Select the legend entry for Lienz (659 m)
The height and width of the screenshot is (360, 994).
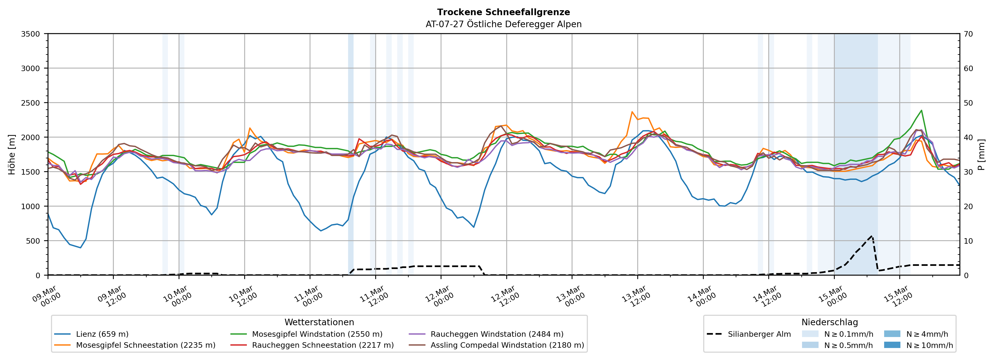tap(102, 334)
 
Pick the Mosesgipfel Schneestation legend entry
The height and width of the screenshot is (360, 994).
tap(145, 345)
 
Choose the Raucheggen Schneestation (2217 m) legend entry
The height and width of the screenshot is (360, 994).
tap(323, 345)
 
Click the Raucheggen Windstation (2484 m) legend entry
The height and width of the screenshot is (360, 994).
tap(497, 334)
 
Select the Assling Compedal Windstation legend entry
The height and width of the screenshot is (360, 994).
tap(507, 345)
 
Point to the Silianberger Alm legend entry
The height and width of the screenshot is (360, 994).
tap(759, 334)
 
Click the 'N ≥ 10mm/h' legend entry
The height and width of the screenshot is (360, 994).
tap(929, 345)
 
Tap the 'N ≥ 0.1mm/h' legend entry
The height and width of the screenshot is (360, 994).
tap(848, 334)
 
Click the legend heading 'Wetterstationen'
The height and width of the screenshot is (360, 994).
tap(319, 322)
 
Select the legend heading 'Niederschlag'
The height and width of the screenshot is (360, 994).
tap(830, 322)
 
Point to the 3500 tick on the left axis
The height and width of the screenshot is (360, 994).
tap(31, 34)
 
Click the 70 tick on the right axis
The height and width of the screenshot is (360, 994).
tap(968, 34)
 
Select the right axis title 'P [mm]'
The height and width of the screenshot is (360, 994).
tap(982, 154)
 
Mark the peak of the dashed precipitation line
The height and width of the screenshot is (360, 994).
tap(872, 236)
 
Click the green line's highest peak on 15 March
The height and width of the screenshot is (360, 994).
tap(922, 110)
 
